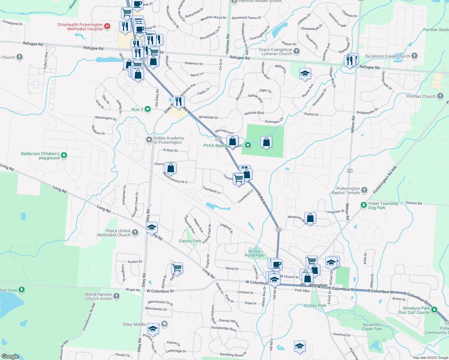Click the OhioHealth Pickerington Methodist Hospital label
(x=80, y=27)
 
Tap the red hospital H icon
(x=107, y=27)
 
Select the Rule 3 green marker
(x=148, y=109)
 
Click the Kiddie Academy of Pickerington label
(x=169, y=140)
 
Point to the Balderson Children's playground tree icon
(x=64, y=155)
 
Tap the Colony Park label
(x=190, y=241)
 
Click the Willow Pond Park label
(x=254, y=253)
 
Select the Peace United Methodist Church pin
(x=135, y=232)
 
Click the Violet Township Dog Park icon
(x=363, y=205)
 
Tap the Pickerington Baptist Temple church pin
(x=364, y=190)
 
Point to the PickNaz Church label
(x=420, y=96)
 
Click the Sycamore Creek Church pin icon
(x=414, y=55)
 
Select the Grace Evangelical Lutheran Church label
(x=276, y=52)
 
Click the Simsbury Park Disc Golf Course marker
(x=434, y=309)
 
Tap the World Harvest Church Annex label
(x=98, y=296)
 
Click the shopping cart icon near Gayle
(x=177, y=268)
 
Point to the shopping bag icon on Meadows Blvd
(x=310, y=218)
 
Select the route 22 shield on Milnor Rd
(x=349, y=170)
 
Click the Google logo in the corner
(x=10, y=356)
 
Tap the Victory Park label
(x=315, y=305)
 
